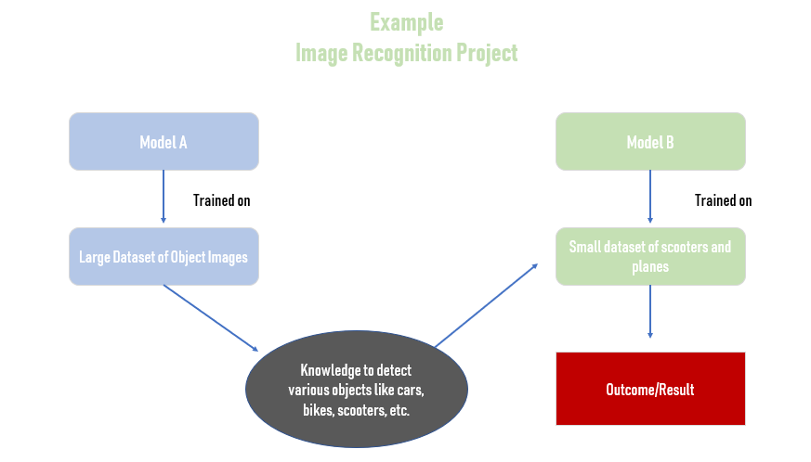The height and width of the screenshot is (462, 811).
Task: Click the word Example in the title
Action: coord(407,23)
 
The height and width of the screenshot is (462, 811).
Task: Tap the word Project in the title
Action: coord(487,54)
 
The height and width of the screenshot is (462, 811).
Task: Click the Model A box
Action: coord(164,142)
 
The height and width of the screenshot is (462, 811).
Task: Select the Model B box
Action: coord(650,142)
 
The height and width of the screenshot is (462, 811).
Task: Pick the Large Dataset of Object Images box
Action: coord(164,256)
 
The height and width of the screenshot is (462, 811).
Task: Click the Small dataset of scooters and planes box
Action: coord(650,256)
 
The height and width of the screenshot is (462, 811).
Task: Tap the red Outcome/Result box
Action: coord(650,389)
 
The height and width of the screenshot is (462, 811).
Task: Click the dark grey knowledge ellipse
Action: coord(357,389)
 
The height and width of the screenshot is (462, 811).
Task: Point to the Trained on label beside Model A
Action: coord(221,200)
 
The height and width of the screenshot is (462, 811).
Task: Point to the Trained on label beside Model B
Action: coord(723,200)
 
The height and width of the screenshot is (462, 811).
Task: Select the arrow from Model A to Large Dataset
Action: coord(164,197)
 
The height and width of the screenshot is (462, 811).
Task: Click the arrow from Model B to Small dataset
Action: coord(650,197)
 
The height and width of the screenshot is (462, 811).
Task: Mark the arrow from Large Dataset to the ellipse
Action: coord(211,318)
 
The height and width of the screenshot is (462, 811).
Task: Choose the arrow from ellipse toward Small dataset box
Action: coord(486,305)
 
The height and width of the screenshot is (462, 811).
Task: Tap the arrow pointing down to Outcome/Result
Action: coord(650,312)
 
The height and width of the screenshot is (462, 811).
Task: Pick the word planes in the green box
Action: coord(650,267)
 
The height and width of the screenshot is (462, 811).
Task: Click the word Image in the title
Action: coord(321,54)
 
